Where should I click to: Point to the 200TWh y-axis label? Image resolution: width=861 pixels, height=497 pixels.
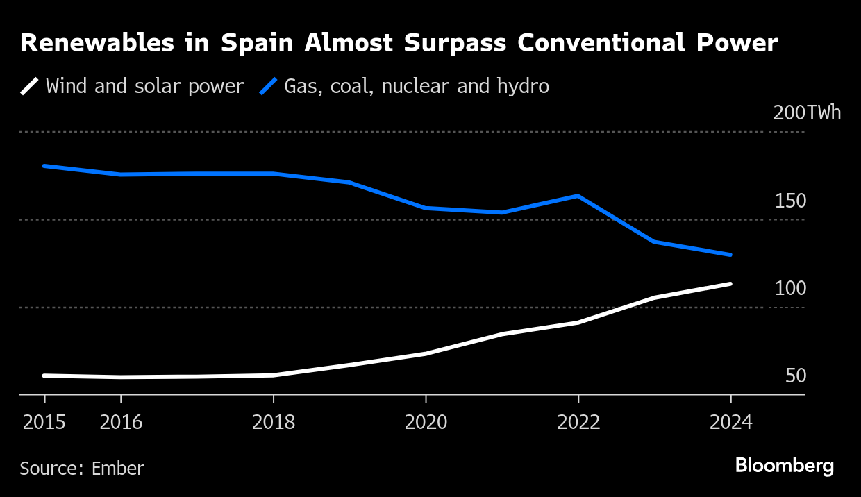click(x=807, y=113)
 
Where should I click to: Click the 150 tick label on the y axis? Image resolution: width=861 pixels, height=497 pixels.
click(x=790, y=201)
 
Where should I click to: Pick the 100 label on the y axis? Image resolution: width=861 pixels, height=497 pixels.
click(x=790, y=289)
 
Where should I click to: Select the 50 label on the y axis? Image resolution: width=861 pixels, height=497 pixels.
click(x=796, y=376)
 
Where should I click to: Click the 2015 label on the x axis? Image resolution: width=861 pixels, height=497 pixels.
click(x=44, y=422)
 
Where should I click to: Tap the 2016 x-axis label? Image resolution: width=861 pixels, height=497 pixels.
click(x=121, y=422)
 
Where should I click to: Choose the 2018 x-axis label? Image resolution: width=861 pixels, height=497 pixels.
click(x=273, y=422)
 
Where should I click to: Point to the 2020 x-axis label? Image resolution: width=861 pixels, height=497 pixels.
click(x=426, y=422)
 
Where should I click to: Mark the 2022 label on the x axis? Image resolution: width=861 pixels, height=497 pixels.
click(x=578, y=422)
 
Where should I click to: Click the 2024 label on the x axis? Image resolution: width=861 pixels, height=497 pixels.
click(x=730, y=422)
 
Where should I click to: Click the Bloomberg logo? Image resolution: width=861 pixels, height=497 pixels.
click(x=784, y=466)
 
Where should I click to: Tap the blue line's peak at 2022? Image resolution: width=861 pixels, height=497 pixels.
click(x=578, y=196)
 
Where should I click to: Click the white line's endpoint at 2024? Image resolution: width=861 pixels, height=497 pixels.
click(x=730, y=283)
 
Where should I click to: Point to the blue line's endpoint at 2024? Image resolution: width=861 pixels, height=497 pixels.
click(x=730, y=255)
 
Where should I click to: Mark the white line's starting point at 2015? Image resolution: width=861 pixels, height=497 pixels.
click(x=44, y=376)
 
